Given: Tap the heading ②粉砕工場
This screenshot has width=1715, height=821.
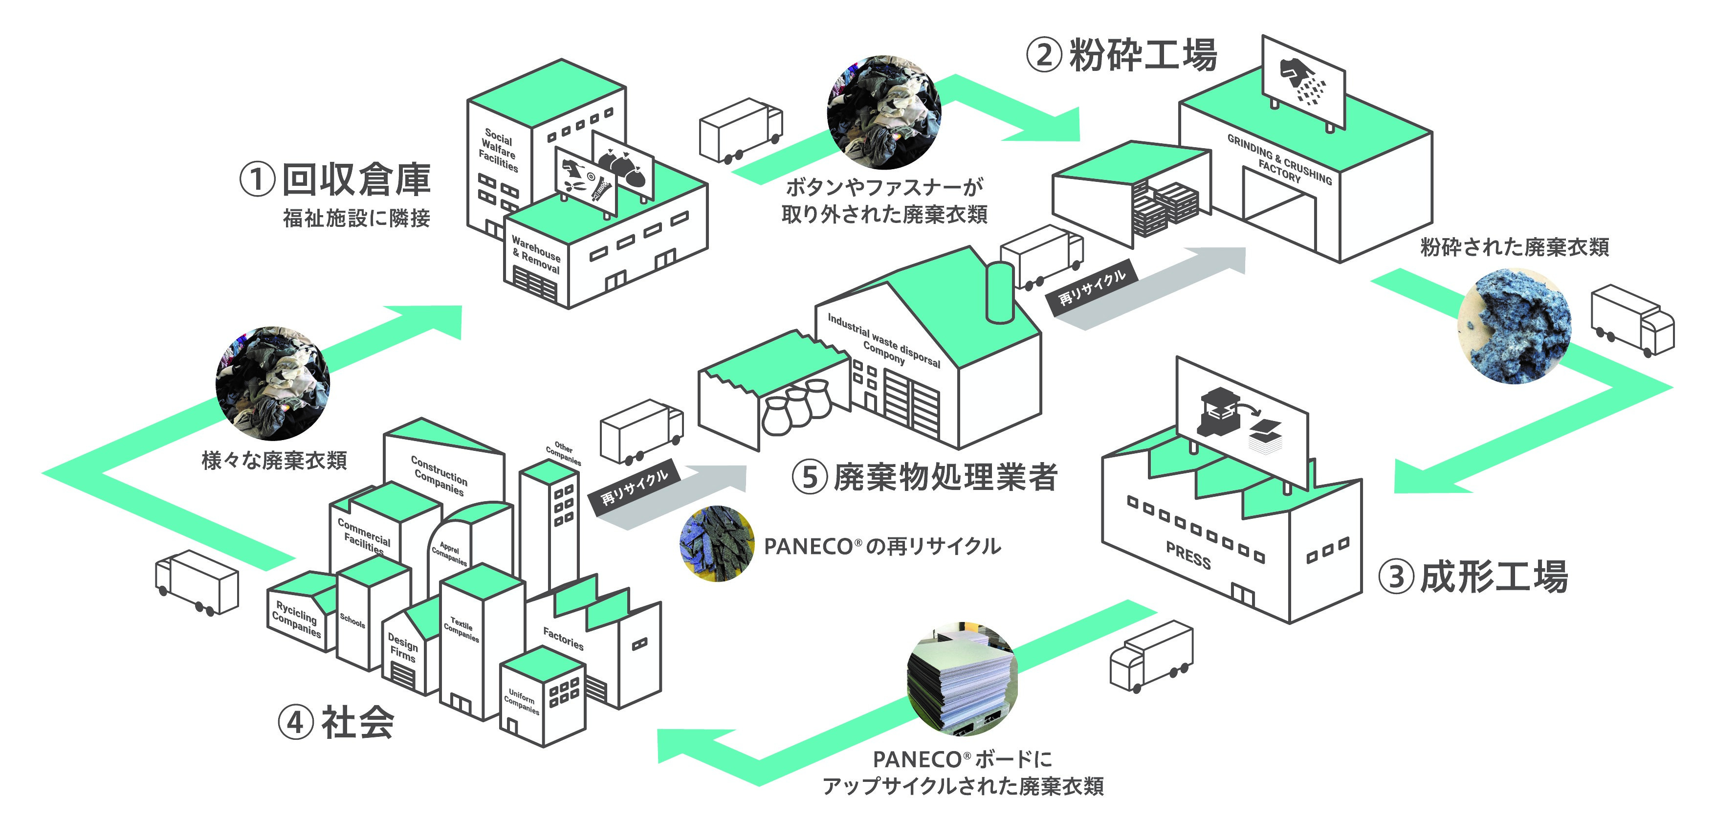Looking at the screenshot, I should [1122, 55].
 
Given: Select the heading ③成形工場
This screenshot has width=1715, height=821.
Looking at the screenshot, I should [1473, 577].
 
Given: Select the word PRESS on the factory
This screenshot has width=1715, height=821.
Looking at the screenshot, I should [1188, 555].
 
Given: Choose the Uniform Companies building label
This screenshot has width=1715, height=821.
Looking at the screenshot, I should [521, 701].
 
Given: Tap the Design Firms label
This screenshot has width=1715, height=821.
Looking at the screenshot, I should [402, 646].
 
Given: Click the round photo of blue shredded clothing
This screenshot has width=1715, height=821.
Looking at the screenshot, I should [1514, 326].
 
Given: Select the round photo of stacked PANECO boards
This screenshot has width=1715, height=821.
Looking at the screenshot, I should [963, 679].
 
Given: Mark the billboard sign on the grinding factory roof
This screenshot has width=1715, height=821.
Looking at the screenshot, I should [1303, 83].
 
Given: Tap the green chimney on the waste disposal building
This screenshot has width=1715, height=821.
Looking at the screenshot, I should [999, 293].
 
